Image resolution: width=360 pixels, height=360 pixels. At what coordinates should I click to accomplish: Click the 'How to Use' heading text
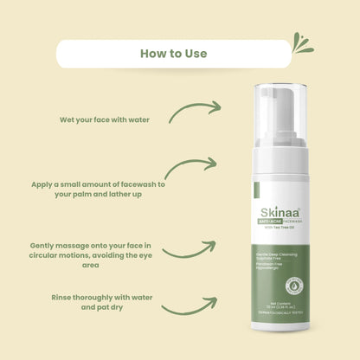pyautogui.click(x=173, y=54)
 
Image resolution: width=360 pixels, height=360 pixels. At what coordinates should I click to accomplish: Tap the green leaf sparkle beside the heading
pyautogui.click(x=302, y=43)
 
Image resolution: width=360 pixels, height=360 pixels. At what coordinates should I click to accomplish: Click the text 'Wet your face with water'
pyautogui.click(x=105, y=119)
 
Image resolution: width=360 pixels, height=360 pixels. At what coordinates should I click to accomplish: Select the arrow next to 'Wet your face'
pyautogui.click(x=195, y=111)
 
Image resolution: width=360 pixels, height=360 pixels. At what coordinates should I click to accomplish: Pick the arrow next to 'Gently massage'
pyautogui.click(x=190, y=250)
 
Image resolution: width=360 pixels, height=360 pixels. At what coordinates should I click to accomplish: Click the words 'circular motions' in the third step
pyautogui.click(x=66, y=257)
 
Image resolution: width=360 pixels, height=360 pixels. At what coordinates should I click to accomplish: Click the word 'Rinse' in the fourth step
pyautogui.click(x=64, y=297)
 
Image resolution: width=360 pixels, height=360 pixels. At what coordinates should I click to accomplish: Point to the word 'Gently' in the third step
pyautogui.click(x=43, y=245)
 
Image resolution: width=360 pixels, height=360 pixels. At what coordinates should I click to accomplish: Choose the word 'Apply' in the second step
pyautogui.click(x=45, y=184)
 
